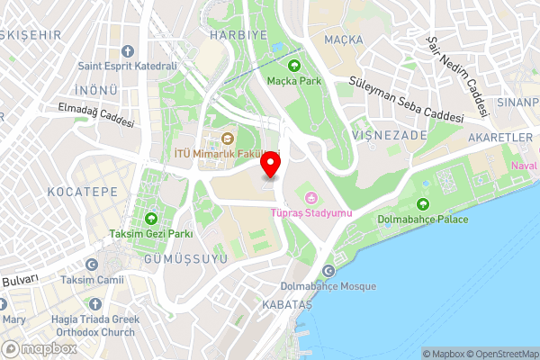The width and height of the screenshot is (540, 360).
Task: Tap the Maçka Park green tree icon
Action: pyautogui.click(x=293, y=64)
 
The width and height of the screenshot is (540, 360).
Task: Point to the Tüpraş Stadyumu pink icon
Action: pyautogui.click(x=311, y=197)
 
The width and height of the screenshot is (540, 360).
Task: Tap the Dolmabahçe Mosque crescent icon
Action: pyautogui.click(x=328, y=271)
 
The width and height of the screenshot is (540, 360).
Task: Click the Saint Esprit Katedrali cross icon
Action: pyautogui.click(x=127, y=50)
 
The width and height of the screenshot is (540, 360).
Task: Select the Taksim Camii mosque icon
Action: pyautogui.click(x=92, y=265)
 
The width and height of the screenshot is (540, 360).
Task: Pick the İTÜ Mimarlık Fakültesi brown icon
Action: pyautogui.click(x=227, y=139)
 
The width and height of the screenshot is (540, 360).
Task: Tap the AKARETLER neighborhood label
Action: pyautogui.click(x=500, y=137)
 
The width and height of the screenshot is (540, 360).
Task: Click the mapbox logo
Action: pyautogui.click(x=40, y=348)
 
